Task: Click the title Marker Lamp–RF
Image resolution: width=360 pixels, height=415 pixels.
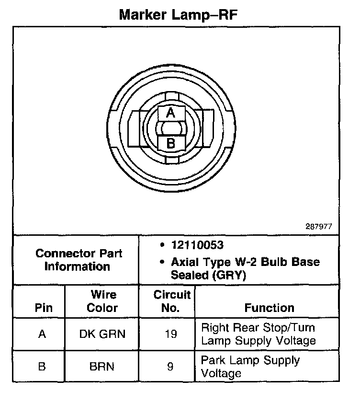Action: [178, 14]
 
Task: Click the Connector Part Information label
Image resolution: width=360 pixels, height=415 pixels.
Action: [79, 260]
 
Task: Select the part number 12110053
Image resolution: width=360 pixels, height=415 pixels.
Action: [197, 245]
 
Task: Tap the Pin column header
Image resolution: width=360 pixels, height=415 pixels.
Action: [44, 308]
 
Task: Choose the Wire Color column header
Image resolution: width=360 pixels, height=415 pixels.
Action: [102, 301]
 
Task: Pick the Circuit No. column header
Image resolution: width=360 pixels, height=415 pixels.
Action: [171, 301]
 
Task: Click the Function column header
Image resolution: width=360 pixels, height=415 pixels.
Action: [269, 308]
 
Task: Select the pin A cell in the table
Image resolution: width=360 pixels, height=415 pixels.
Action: [42, 334]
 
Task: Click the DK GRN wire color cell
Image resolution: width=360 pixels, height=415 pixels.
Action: [102, 334]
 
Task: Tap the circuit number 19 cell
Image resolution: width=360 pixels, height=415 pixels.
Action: [170, 334]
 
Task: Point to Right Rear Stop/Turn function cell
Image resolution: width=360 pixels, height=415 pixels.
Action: [258, 334]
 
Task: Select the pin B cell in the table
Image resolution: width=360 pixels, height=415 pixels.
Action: [42, 367]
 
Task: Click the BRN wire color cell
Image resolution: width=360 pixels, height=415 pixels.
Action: [102, 367]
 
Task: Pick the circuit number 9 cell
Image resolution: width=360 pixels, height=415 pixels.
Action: [170, 367]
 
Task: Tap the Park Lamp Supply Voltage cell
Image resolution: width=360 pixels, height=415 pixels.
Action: [250, 367]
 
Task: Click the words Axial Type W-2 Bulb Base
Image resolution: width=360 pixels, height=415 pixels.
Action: [245, 262]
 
